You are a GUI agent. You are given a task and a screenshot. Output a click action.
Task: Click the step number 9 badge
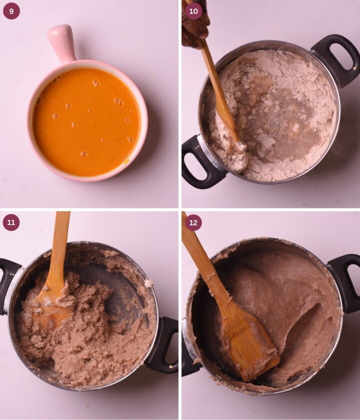pos(11,11)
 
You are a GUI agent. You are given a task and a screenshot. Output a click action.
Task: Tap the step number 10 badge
pos(193,11)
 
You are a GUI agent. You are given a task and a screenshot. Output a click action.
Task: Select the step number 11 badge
pos(11,222)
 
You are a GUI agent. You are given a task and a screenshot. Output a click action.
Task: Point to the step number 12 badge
pos(193,222)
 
